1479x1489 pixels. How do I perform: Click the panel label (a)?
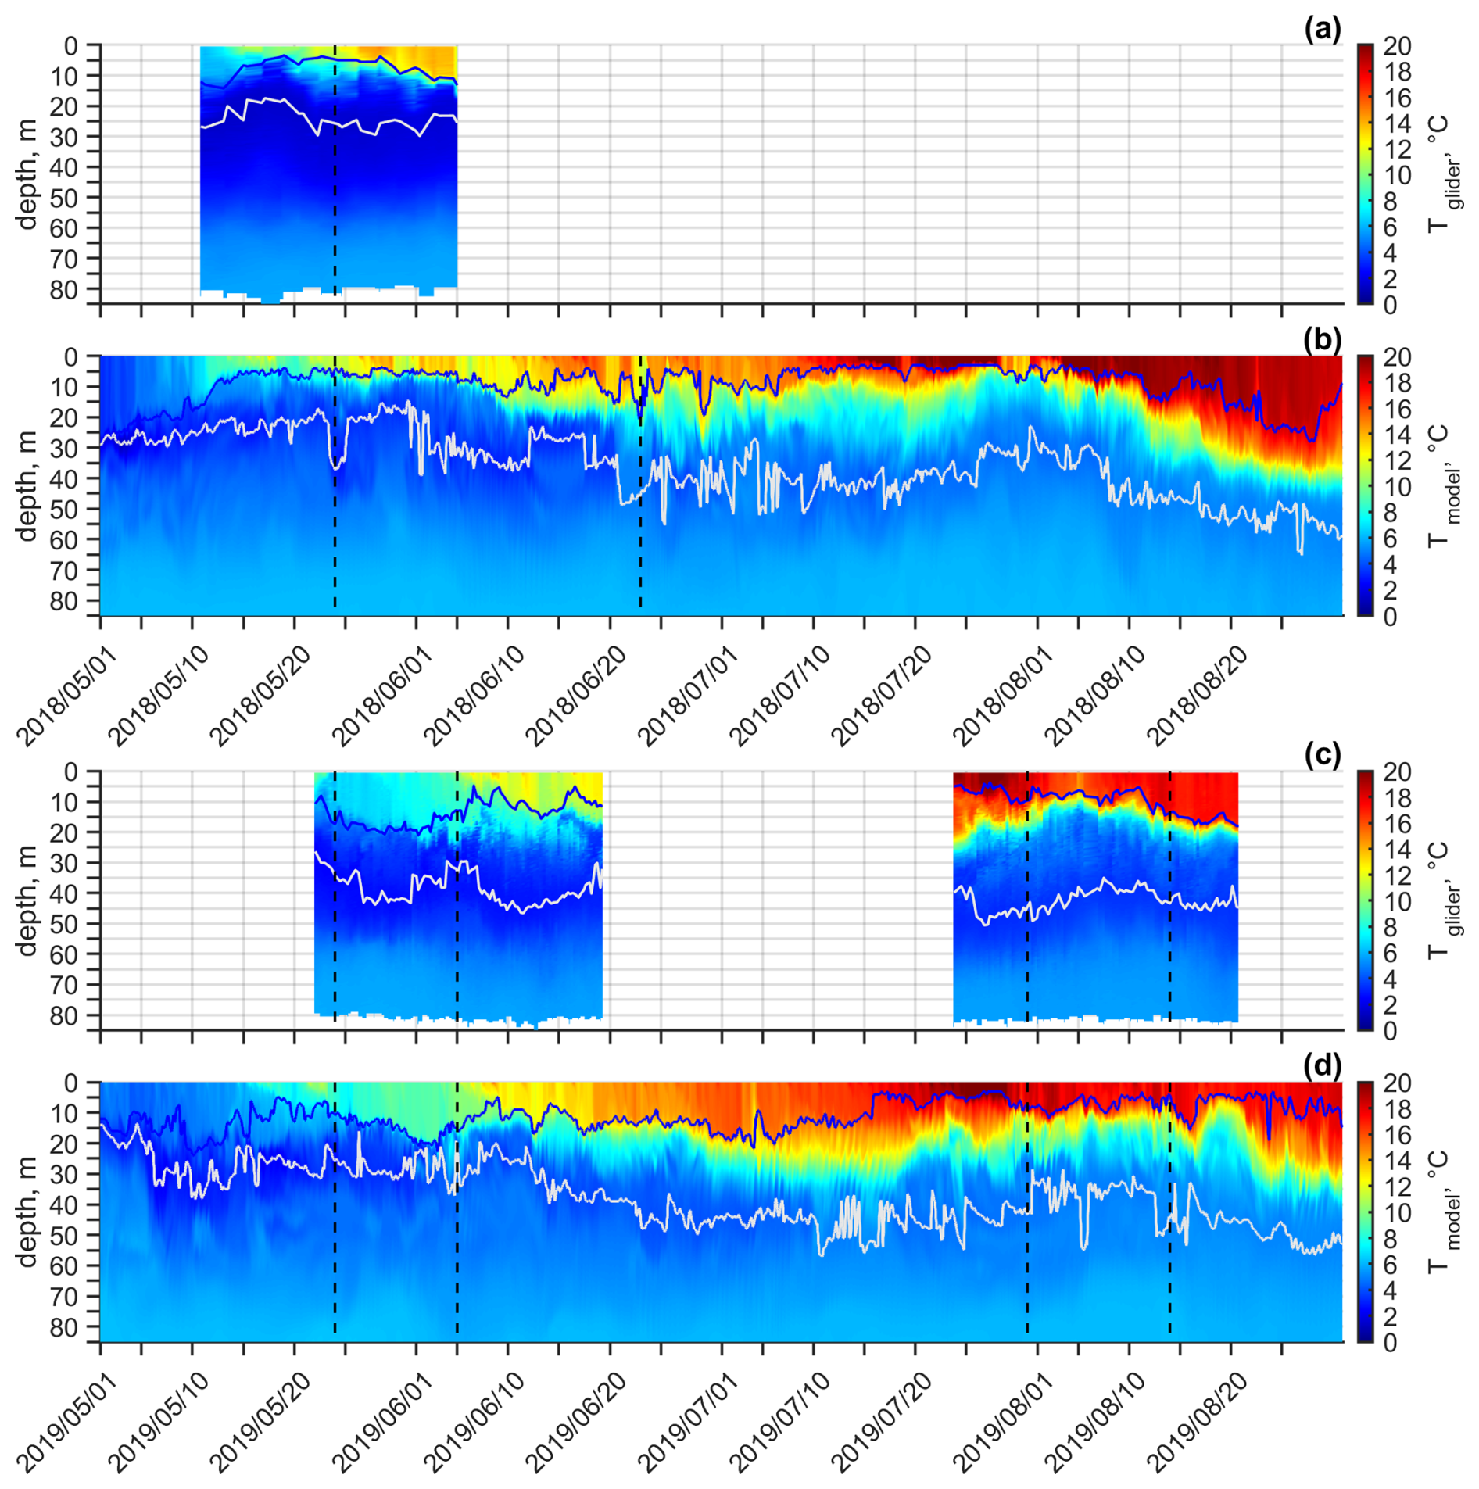tap(1322, 30)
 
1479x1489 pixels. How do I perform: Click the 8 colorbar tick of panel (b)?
tap(1390, 513)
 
